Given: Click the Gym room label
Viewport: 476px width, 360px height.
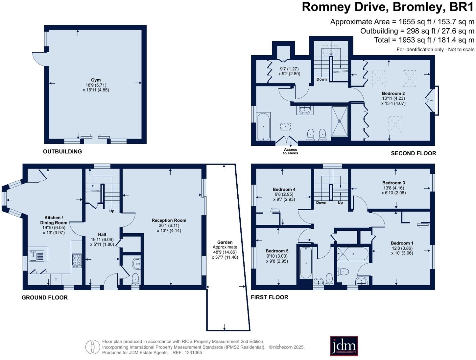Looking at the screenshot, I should (96, 80).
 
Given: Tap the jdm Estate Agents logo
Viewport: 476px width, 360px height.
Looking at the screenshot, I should (344, 346).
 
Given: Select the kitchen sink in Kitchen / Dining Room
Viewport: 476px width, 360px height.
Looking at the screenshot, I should (36, 256).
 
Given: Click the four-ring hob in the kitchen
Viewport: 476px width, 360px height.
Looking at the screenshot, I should (77, 260).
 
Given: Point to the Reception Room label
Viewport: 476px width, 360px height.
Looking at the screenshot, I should (169, 220).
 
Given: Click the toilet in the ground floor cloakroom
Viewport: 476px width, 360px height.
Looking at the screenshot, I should (135, 279).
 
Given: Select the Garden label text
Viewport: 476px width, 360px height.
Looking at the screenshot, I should (225, 242).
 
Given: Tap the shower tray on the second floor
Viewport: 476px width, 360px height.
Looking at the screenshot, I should (340, 121).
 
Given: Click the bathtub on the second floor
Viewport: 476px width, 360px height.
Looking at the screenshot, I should (263, 126).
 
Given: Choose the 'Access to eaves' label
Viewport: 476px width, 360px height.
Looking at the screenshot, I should (291, 151).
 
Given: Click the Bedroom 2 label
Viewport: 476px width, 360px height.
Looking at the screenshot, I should (393, 93).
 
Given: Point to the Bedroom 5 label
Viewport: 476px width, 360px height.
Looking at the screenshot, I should (277, 251).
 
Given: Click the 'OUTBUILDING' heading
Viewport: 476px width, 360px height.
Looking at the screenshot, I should (62, 151).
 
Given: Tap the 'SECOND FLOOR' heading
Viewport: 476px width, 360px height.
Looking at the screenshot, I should (413, 153).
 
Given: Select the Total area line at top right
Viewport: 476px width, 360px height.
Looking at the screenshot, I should (424, 40).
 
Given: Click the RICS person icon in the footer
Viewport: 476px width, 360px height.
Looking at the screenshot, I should (93, 347).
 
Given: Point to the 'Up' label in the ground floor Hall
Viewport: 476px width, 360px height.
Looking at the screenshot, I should (112, 211).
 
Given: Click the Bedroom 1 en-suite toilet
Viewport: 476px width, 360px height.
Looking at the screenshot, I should (343, 272).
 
